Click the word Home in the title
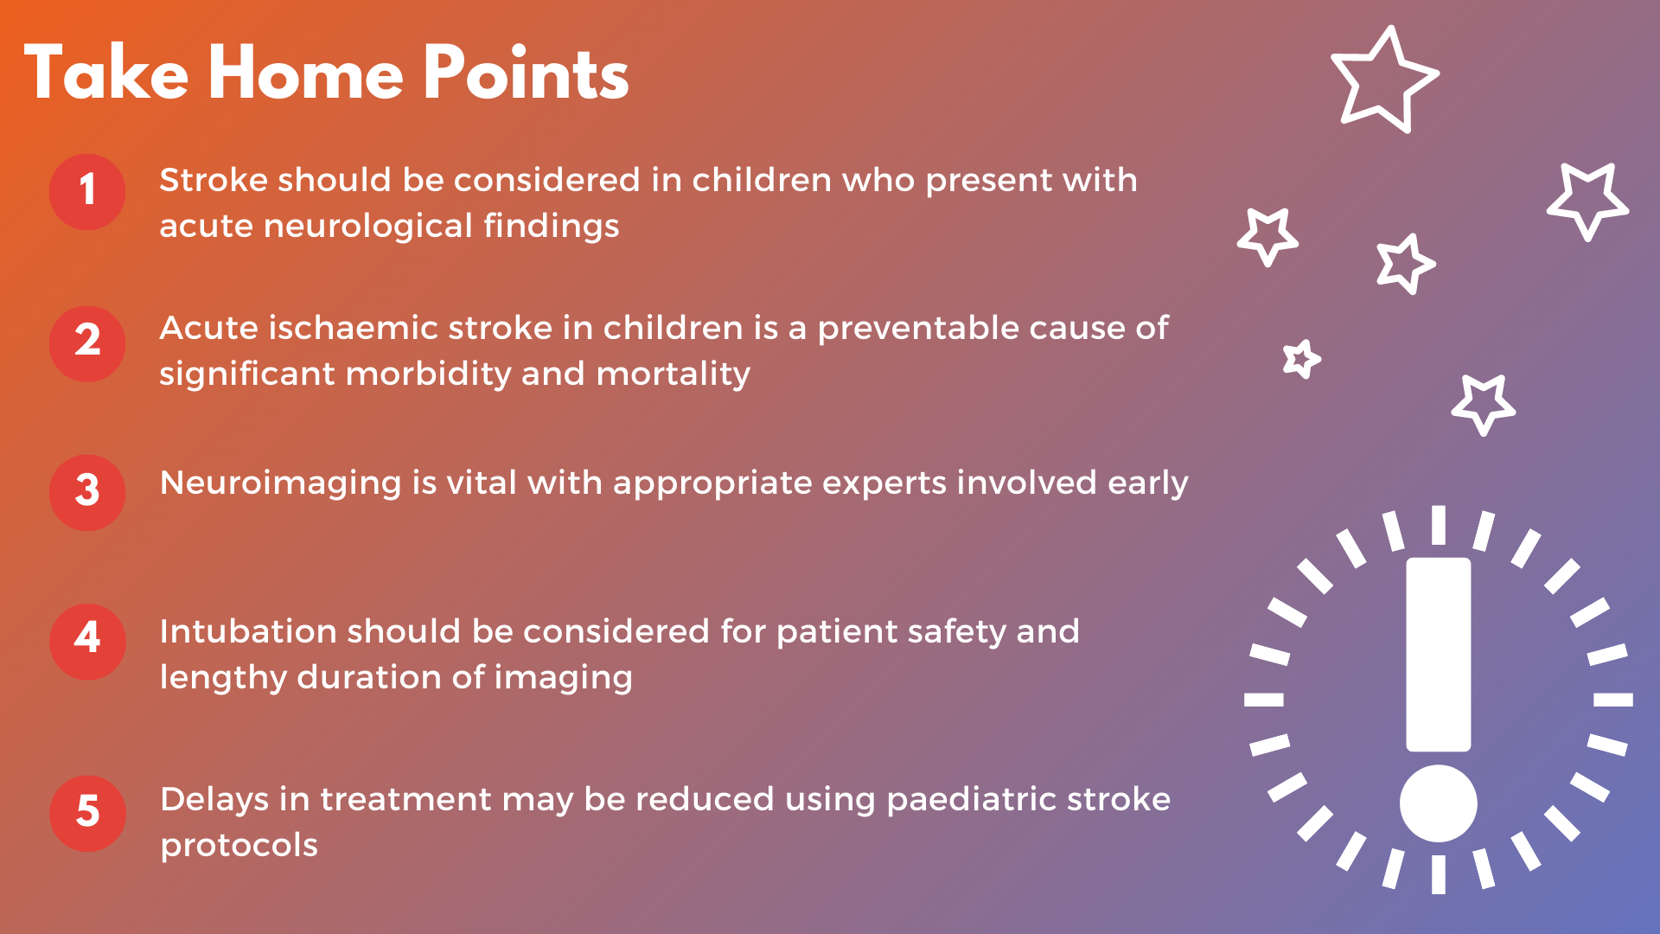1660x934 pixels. (x=305, y=74)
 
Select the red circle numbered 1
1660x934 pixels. (x=87, y=192)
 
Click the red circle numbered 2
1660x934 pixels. (x=87, y=343)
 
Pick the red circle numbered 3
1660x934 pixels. (x=87, y=492)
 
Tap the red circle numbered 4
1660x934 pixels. (x=87, y=641)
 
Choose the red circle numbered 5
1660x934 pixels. (x=87, y=814)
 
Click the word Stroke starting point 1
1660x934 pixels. (x=214, y=180)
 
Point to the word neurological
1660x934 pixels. (x=367, y=227)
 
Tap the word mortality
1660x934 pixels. (x=674, y=375)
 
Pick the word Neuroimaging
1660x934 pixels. (x=281, y=484)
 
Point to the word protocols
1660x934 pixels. (x=239, y=847)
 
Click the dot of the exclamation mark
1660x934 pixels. (x=1438, y=803)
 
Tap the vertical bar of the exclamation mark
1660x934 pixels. (x=1438, y=655)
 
